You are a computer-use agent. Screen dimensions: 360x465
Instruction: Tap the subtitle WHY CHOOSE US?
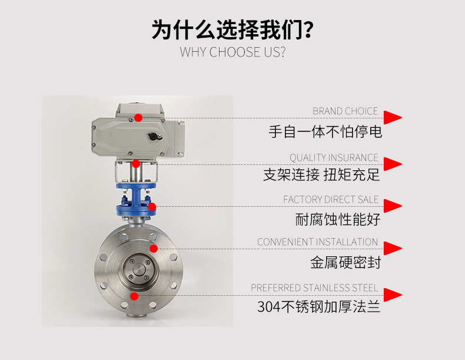pyautogui.click(x=232, y=52)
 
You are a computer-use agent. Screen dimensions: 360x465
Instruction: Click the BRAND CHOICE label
pyautogui.click(x=345, y=111)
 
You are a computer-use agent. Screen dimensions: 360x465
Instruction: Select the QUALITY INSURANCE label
pyautogui.click(x=334, y=157)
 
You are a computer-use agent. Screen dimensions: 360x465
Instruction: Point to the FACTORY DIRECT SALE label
pyautogui.click(x=331, y=200)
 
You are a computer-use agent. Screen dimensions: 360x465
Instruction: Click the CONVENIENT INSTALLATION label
pyautogui.click(x=317, y=242)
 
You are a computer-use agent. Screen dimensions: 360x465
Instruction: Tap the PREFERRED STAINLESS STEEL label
pyautogui.click(x=314, y=288)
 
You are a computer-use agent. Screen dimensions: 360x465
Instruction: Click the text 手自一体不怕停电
pyautogui.click(x=325, y=131)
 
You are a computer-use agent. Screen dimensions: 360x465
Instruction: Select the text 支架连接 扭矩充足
pyautogui.click(x=321, y=175)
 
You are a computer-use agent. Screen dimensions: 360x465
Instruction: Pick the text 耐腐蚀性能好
pyautogui.click(x=338, y=219)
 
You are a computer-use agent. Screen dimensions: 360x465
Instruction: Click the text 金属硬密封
pyautogui.click(x=346, y=262)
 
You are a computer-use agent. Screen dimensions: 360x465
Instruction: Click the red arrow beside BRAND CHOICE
pyautogui.click(x=392, y=117)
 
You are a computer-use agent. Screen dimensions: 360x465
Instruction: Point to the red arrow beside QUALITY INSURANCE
pyautogui.click(x=392, y=164)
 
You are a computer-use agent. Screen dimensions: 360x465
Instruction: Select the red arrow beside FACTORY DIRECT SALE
pyautogui.click(x=392, y=206)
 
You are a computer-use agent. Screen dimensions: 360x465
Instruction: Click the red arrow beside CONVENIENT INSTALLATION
pyautogui.click(x=392, y=248)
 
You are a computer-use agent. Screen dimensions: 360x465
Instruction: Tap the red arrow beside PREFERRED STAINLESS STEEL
pyautogui.click(x=392, y=294)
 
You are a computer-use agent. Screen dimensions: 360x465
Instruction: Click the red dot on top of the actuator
pyautogui.click(x=138, y=117)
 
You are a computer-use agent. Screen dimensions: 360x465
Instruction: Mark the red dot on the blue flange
pyautogui.click(x=152, y=206)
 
